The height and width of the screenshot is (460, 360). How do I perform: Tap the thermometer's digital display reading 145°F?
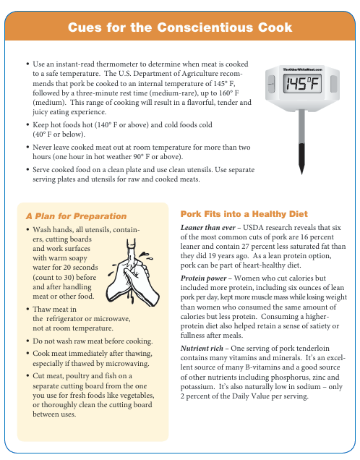(302, 84)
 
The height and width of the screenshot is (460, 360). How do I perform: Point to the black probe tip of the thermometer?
(301, 158)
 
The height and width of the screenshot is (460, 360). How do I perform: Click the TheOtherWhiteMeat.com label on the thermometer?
(303, 69)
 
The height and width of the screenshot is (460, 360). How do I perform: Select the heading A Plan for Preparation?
(76, 216)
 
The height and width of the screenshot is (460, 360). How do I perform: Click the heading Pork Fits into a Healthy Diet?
(244, 214)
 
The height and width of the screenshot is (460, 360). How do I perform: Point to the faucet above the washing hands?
(131, 250)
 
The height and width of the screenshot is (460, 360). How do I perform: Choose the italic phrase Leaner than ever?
(208, 228)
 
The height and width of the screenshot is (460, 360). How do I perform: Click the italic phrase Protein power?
(203, 278)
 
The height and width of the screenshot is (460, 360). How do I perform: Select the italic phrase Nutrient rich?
(202, 348)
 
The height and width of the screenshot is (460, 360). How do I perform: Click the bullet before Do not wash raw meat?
(27, 341)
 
